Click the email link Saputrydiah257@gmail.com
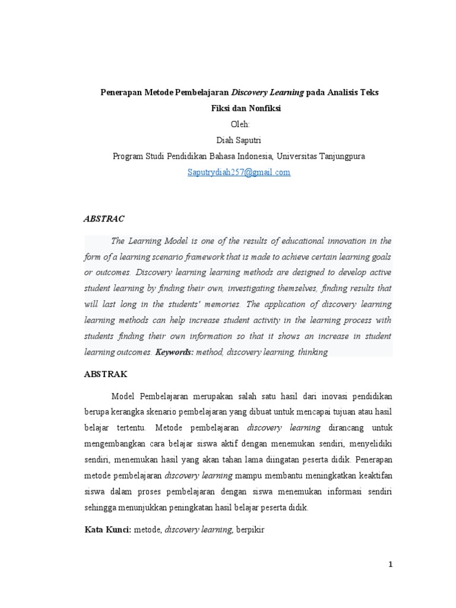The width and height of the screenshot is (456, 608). (x=239, y=172)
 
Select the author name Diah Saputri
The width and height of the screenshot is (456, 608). (x=239, y=140)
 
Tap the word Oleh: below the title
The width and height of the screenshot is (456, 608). (x=239, y=124)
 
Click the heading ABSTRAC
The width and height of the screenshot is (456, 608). (x=104, y=218)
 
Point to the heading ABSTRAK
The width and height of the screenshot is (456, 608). (x=106, y=375)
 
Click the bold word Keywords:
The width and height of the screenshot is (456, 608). (x=175, y=352)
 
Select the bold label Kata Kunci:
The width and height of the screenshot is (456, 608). (x=109, y=529)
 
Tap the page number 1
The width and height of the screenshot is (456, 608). (x=391, y=565)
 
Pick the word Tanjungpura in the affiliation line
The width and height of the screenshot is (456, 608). (x=340, y=156)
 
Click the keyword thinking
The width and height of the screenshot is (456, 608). (x=312, y=352)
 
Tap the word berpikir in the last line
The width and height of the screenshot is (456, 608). (x=249, y=529)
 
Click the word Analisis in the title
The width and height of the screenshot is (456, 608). (x=343, y=93)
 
